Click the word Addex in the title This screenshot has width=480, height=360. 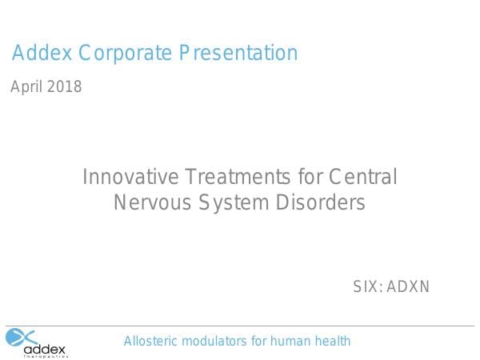pos(41,54)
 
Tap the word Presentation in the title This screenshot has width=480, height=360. pos(238,54)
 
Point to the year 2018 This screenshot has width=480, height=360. pos(64,87)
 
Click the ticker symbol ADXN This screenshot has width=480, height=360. pos(408,286)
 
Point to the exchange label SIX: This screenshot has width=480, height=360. pos(368,286)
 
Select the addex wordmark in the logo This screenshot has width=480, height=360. pos(45,349)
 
